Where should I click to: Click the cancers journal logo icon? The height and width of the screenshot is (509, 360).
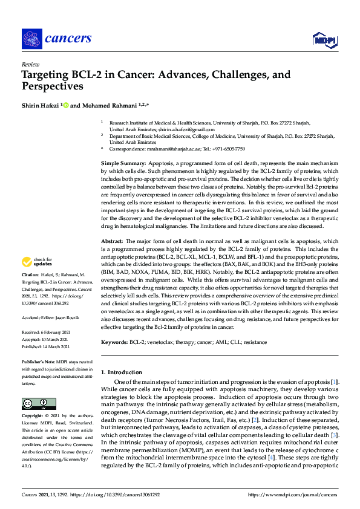point(32,39)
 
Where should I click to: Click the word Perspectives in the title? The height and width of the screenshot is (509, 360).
point(53,86)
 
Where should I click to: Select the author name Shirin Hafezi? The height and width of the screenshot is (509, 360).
point(40,105)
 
